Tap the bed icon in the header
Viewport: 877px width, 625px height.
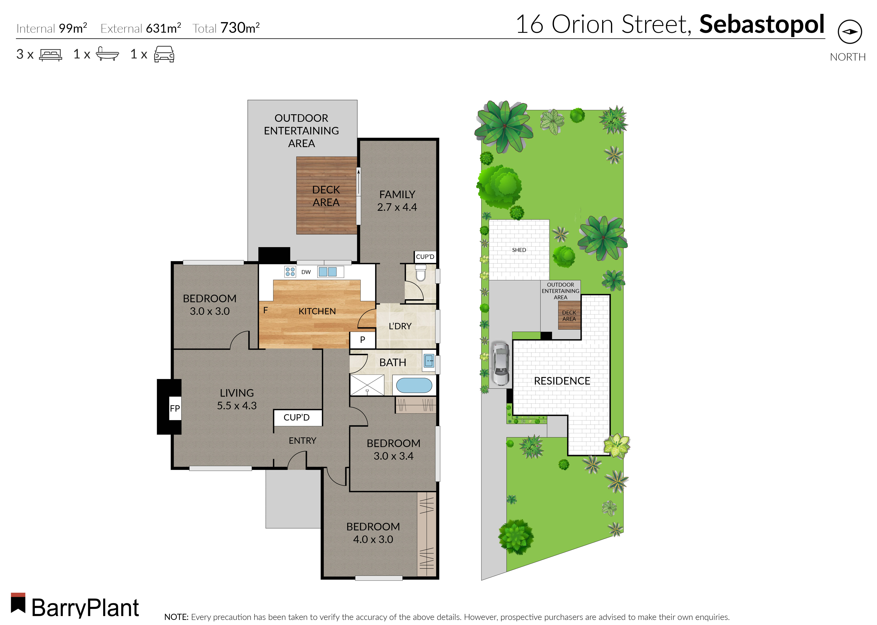coord(50,55)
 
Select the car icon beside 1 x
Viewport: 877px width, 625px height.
coord(164,54)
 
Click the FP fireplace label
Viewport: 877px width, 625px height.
coord(175,408)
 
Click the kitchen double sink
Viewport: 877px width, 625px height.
coord(327,272)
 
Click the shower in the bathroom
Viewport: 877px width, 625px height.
coord(367,385)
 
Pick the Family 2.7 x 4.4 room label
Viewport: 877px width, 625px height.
coord(397,200)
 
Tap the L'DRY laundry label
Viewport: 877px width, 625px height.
coord(400,326)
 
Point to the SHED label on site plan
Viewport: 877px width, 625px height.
coord(519,250)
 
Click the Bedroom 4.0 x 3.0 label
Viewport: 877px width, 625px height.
coord(373,533)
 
